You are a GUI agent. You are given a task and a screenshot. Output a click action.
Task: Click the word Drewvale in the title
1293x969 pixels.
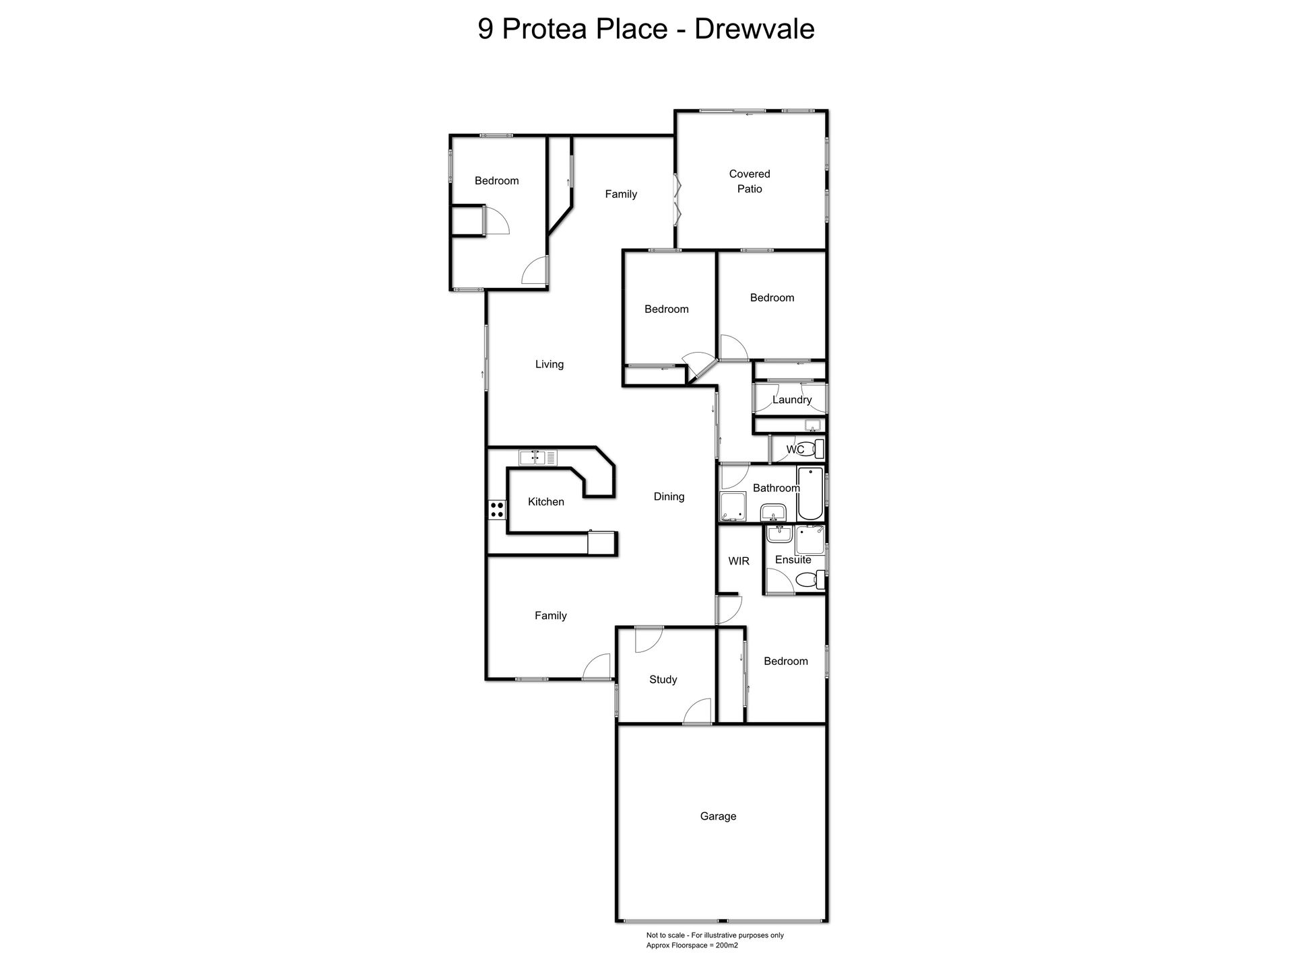754,29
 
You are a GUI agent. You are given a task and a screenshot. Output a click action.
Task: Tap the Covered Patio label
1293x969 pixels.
750,181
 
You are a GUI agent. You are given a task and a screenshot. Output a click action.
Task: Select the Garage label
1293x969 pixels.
718,816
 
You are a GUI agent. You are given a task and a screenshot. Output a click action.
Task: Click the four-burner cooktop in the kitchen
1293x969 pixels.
497,509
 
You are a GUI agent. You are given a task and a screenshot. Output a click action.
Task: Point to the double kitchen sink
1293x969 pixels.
538,458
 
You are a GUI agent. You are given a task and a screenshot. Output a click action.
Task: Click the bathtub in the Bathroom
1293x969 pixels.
810,493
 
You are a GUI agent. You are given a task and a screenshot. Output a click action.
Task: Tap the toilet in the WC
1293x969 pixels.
816,449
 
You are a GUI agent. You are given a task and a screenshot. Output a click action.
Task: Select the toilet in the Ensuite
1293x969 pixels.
811,579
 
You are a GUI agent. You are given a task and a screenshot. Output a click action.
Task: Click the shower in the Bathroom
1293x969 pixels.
732,506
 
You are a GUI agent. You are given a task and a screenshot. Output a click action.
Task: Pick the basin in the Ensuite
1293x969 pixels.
780,534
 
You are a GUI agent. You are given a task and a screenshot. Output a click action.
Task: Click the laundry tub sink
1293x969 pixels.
813,425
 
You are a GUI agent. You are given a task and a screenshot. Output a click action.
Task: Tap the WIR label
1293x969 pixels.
739,561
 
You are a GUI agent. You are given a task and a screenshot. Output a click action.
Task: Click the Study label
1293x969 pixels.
663,680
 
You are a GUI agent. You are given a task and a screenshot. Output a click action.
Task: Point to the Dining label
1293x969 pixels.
669,497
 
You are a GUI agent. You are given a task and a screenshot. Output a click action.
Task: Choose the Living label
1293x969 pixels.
550,364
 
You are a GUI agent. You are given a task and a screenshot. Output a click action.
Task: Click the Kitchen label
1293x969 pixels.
546,501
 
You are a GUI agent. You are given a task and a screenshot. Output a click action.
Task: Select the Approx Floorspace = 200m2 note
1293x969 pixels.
692,945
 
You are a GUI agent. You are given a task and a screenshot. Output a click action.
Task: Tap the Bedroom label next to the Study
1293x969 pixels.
786,661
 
